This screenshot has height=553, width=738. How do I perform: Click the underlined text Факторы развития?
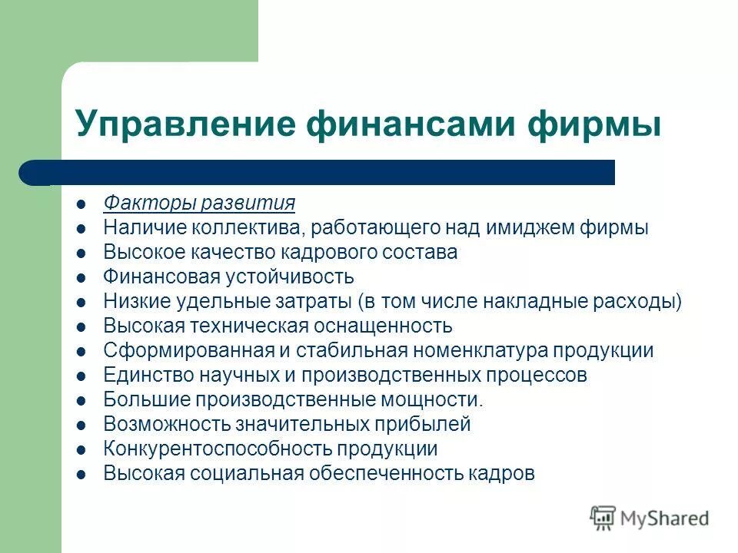(x=199, y=204)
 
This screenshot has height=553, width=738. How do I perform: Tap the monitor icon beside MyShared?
(x=603, y=518)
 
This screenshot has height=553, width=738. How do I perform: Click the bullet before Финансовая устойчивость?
(x=82, y=278)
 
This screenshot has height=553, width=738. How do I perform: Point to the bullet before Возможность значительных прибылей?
(x=82, y=426)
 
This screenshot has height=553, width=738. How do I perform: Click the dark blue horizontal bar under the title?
(x=323, y=172)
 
